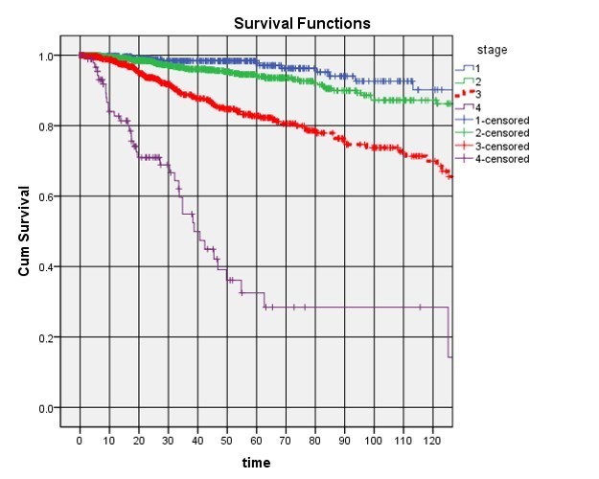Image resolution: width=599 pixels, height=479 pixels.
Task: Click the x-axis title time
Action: pyautogui.click(x=256, y=463)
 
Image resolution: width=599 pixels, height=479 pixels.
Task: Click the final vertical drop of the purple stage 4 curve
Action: pyautogui.click(x=449, y=332)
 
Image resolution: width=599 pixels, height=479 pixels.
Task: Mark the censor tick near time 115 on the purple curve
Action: pyautogui.click(x=419, y=308)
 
